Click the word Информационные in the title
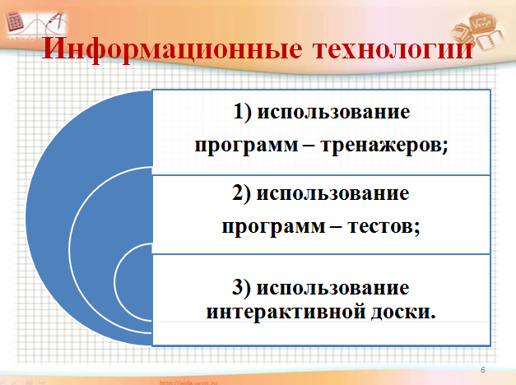point(173,49)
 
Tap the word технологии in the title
point(393,49)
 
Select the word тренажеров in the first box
point(384,145)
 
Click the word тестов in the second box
point(384,226)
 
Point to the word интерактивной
point(286,312)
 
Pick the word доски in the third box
point(403,313)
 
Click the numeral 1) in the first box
point(243,112)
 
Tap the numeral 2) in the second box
point(241,193)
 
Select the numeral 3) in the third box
point(241,287)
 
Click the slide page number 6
point(483,370)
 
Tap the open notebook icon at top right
point(490,39)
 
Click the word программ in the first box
point(247,146)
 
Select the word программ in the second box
point(273,227)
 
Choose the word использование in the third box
point(332,288)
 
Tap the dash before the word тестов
point(336,227)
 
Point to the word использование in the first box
point(333,113)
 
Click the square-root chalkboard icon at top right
point(481,23)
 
